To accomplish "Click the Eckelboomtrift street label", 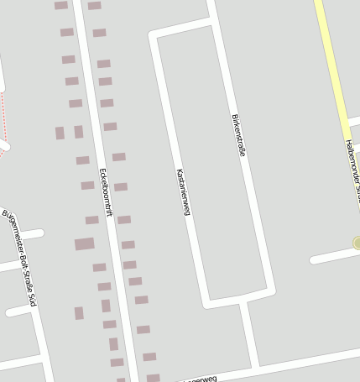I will [106, 193].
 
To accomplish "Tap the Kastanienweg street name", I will [182, 192].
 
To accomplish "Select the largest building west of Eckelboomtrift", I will [84, 244].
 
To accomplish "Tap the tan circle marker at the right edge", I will [357, 243].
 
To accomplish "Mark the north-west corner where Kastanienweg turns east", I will [153, 36].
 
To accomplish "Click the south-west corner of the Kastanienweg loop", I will [206, 302].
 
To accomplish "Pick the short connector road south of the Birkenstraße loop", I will [249, 332].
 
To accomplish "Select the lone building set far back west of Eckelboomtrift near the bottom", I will [79, 313].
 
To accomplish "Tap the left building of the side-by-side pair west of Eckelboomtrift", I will [60, 133].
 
